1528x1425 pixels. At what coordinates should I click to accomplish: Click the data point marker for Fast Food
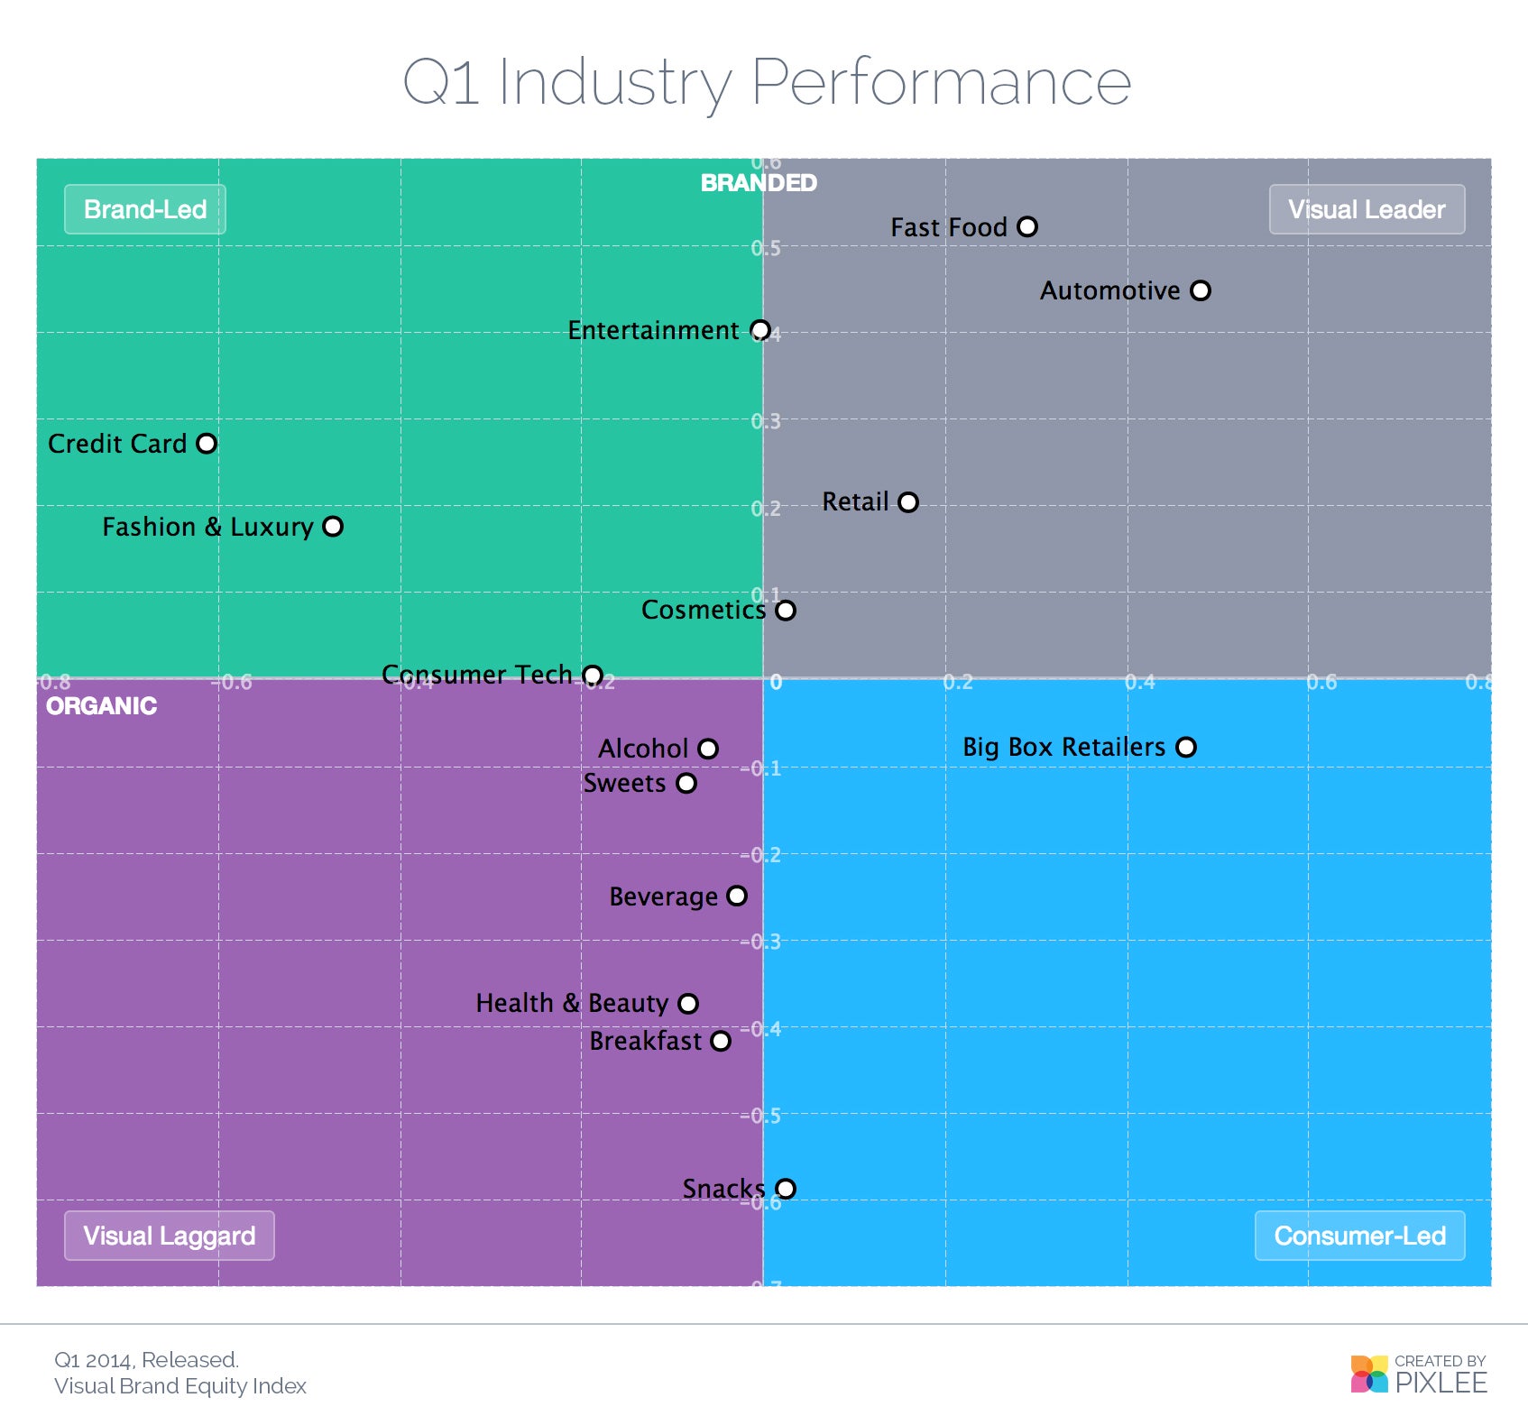1026,227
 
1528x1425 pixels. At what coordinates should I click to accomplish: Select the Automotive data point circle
1200,290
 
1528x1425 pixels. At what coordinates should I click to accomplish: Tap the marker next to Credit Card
207,444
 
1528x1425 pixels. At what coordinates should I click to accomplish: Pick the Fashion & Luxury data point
333,527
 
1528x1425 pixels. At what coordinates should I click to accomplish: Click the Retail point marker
908,502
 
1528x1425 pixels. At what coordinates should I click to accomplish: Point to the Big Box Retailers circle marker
1186,748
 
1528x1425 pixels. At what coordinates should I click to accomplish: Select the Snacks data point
786,1189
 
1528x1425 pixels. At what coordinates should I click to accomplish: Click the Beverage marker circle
737,896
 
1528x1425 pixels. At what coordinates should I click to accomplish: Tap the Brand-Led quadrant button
145,210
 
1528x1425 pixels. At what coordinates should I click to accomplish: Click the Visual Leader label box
1366,210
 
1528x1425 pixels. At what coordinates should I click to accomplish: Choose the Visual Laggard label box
170,1236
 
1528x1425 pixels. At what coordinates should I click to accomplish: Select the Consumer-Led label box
1359,1236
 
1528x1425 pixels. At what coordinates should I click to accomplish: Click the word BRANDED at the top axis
759,183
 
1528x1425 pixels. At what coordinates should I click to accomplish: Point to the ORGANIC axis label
101,706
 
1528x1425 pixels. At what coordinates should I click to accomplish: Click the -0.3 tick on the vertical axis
760,942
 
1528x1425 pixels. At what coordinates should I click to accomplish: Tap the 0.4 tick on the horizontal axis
1139,682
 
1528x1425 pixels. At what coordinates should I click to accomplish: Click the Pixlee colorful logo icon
1368,1374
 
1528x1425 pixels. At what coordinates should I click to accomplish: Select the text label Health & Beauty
572,1004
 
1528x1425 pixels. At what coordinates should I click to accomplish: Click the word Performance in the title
941,82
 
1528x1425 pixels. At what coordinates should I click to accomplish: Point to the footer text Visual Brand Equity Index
180,1386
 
